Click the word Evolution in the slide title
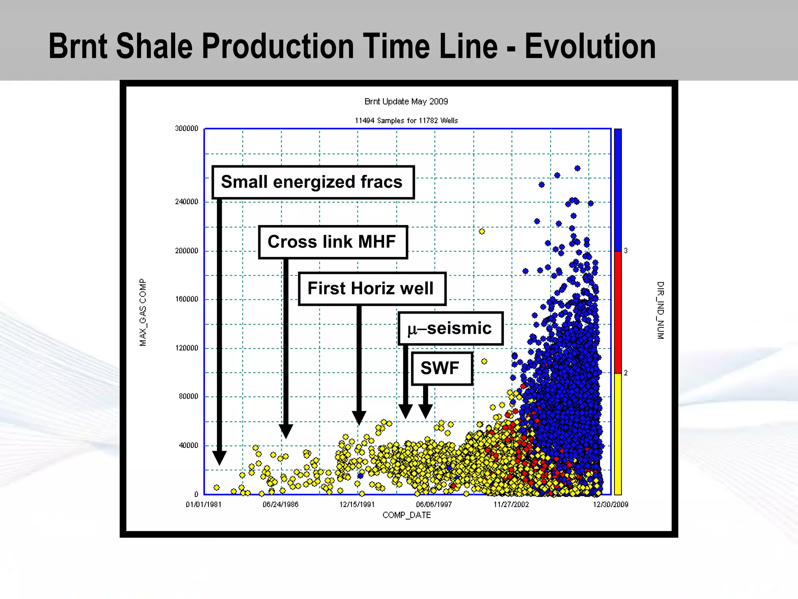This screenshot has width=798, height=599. [x=590, y=46]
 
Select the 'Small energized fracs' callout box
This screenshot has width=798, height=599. [x=313, y=182]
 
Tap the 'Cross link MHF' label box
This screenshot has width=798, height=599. [x=333, y=242]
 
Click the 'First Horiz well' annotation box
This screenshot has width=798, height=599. [x=372, y=289]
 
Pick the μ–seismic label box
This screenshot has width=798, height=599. [x=450, y=328]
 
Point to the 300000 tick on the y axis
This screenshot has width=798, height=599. [x=187, y=128]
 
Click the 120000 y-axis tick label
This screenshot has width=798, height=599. [x=187, y=348]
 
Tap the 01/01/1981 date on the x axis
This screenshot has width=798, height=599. [x=203, y=504]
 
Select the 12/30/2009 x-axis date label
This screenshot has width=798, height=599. [x=611, y=504]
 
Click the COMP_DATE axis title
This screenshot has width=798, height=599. [x=406, y=515]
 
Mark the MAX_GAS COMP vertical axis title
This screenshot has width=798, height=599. [x=143, y=312]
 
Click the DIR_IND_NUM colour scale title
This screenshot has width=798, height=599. [x=660, y=310]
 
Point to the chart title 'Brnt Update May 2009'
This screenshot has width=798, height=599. [x=406, y=101]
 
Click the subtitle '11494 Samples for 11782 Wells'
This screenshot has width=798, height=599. [x=406, y=121]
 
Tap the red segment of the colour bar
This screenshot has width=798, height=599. [x=618, y=312]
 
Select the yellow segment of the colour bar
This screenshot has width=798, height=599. [x=618, y=433]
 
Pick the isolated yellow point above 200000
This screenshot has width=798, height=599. [x=482, y=231]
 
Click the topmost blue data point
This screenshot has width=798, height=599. [x=577, y=168]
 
